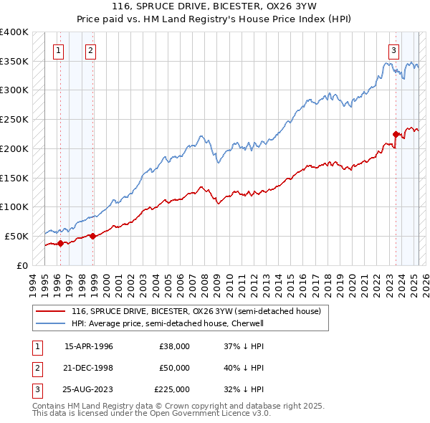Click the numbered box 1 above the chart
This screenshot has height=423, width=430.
click(x=57, y=50)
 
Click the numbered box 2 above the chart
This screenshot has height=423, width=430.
click(x=91, y=50)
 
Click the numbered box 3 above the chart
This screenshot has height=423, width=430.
click(x=394, y=50)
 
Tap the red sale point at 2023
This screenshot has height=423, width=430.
click(x=396, y=133)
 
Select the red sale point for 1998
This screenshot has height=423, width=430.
click(x=93, y=236)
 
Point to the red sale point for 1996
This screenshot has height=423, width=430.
click(x=60, y=243)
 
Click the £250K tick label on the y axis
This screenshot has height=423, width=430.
click(x=14, y=119)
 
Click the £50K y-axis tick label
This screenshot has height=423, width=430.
click(x=16, y=236)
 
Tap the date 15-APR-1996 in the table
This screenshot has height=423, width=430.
click(x=89, y=346)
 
